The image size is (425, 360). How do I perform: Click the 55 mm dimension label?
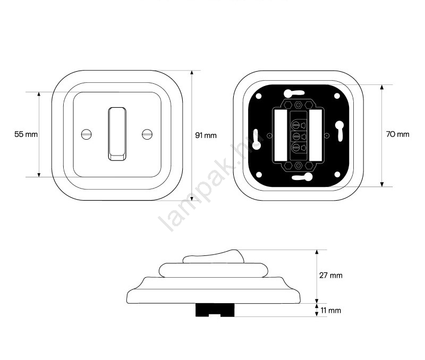[26, 134]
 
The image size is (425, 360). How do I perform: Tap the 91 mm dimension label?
[206, 135]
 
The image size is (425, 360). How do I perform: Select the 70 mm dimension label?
[397, 134]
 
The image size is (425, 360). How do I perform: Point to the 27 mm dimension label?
[330, 276]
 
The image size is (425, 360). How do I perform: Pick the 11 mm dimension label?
[330, 311]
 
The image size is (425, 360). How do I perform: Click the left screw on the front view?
[87, 134]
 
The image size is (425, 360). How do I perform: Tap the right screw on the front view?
[147, 134]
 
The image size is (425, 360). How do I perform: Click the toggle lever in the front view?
[117, 134]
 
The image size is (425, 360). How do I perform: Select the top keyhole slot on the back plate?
[294, 93]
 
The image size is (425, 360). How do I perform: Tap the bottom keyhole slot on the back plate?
[302, 177]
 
